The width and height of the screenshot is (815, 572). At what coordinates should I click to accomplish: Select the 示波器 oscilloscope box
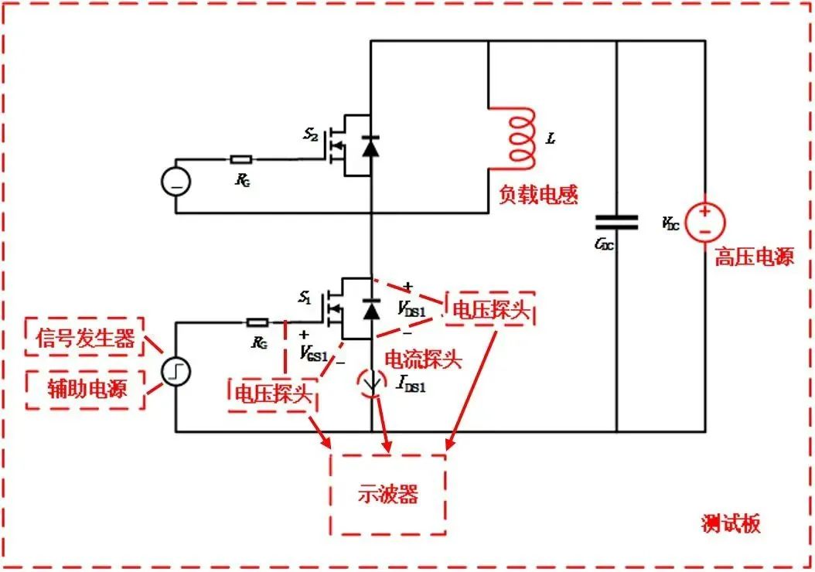387,495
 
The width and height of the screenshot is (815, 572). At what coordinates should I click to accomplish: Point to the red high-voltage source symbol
704,222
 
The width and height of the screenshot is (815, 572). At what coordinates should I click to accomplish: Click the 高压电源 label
753,257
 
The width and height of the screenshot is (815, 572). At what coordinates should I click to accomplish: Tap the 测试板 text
730,523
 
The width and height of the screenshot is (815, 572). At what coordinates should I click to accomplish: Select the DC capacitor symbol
616,223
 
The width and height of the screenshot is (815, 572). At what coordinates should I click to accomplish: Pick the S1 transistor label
305,297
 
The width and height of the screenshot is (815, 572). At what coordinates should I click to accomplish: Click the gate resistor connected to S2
240,160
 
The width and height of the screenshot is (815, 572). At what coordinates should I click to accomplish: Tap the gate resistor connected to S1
257,322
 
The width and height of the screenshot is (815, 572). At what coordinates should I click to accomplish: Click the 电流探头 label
423,359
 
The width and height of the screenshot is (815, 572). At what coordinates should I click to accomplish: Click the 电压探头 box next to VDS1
490,309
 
